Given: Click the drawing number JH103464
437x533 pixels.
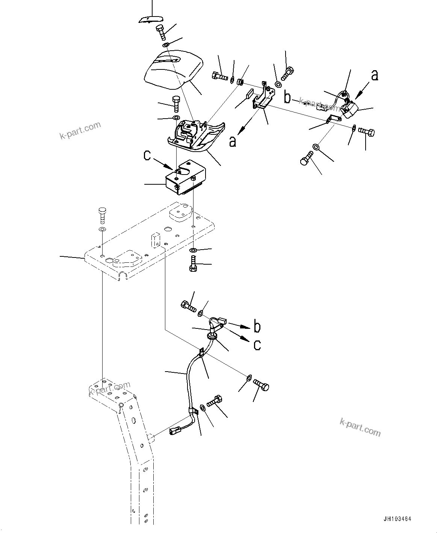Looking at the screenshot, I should tap(397, 519).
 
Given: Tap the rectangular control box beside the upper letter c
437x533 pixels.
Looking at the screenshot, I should tap(187, 178).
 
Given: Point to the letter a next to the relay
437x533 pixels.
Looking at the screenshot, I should tap(374, 75).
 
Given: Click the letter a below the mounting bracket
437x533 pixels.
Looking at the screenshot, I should tap(233, 141).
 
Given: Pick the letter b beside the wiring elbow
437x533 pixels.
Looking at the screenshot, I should tap(257, 327).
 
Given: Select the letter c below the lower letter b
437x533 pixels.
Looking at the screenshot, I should tap(257, 345).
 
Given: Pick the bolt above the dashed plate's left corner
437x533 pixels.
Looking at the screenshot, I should tap(102, 215).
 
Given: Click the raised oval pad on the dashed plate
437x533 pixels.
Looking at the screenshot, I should tap(180, 213).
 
